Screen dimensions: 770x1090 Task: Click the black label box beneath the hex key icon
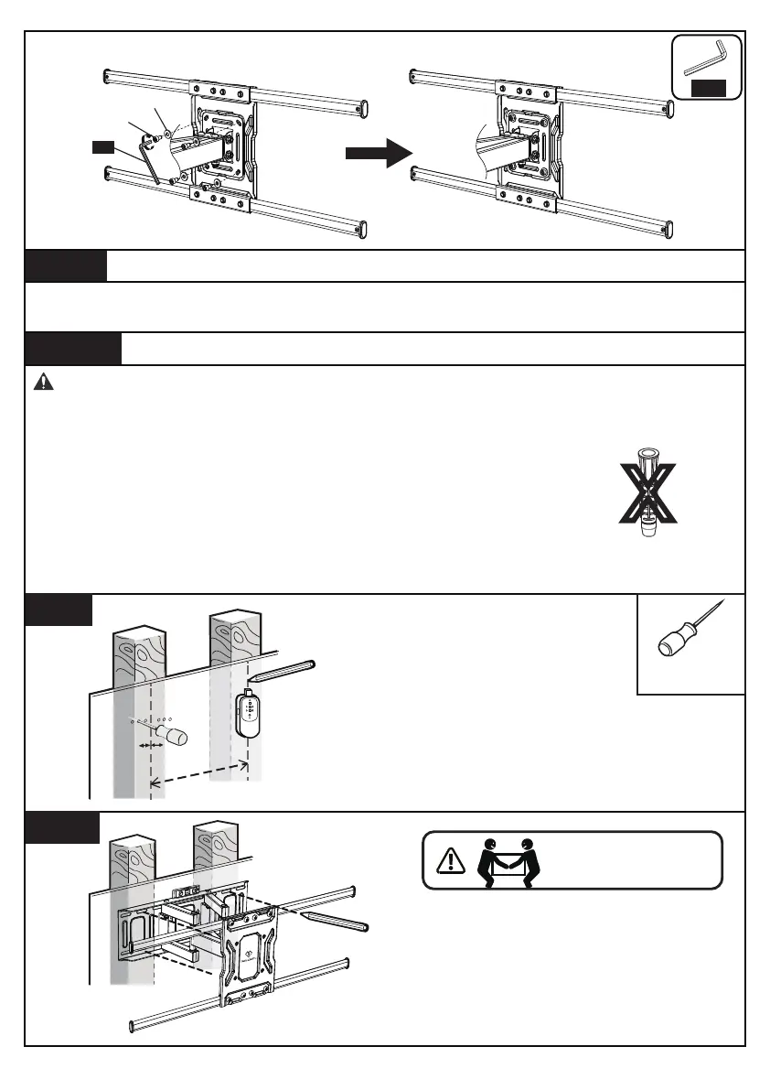coord(708,88)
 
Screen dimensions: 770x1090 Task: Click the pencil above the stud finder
coord(283,670)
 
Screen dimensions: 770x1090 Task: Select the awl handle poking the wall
coord(172,737)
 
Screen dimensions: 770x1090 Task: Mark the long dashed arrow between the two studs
coord(198,770)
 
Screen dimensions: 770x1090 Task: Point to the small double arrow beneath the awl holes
coord(149,747)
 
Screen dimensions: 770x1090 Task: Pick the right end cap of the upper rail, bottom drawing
coord(348,890)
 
